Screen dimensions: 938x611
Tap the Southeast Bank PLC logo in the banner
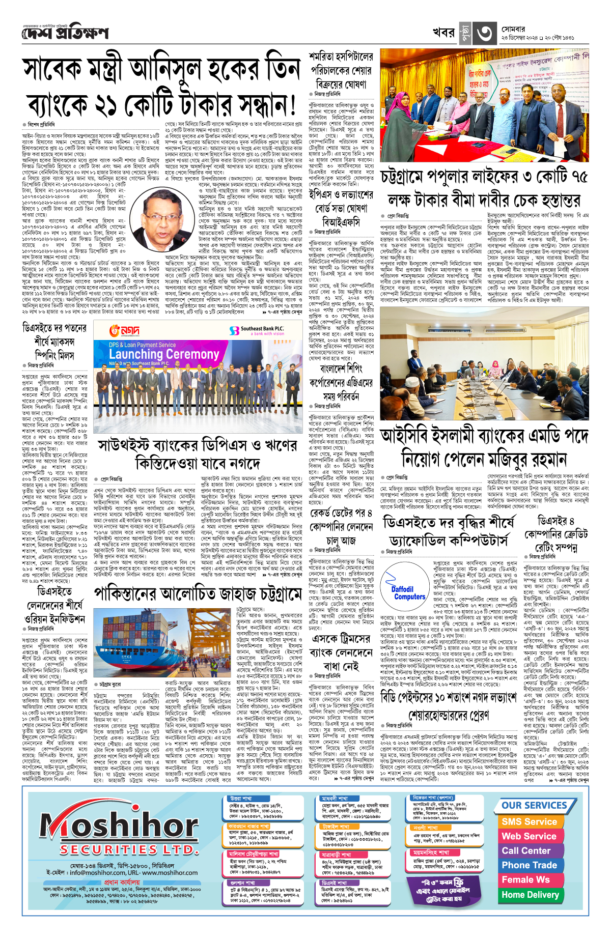[x=257, y=330]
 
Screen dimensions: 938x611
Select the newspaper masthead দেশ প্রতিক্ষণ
[x=65, y=33]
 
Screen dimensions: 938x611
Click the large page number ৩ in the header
[x=484, y=34]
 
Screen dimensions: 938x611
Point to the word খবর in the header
[x=443, y=33]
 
